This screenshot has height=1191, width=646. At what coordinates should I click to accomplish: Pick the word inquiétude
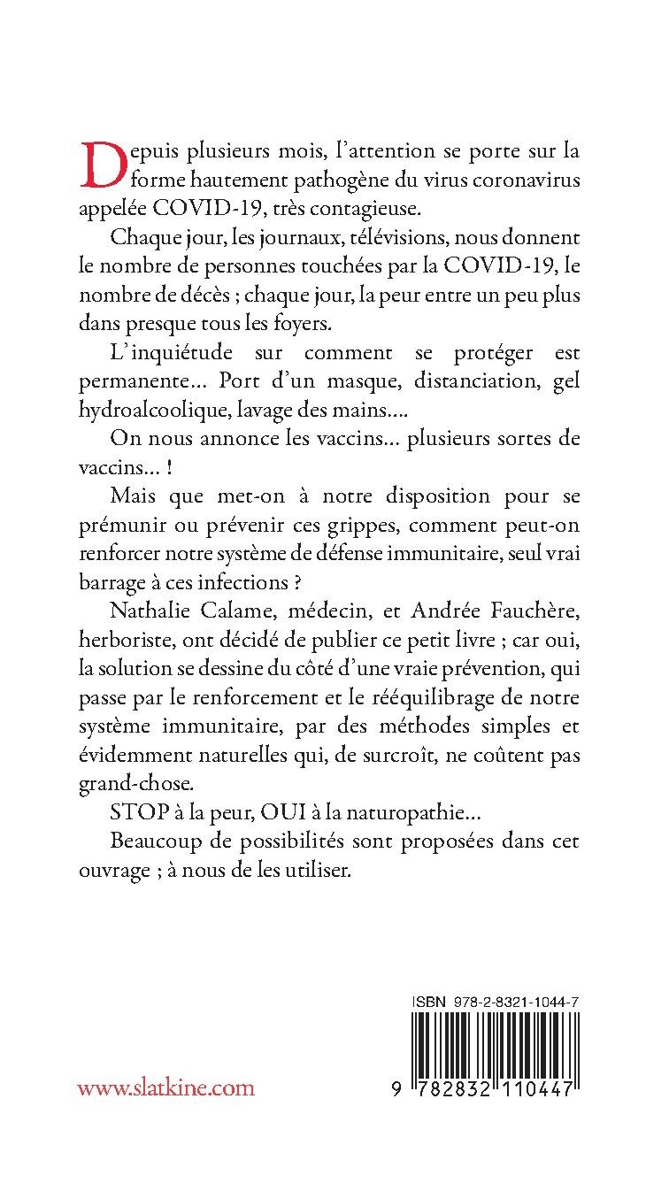point(183,353)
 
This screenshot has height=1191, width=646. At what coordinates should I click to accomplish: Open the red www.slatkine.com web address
point(165,1087)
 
